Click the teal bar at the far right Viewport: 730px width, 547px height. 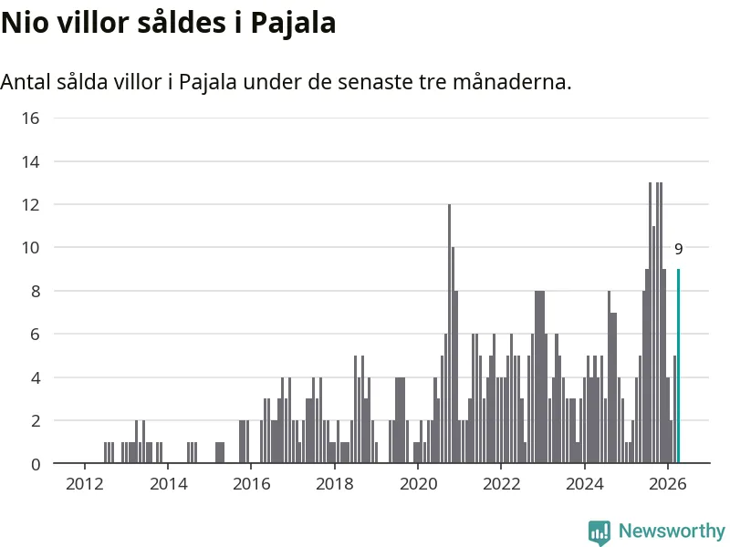[678, 366]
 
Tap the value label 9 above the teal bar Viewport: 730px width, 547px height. [678, 249]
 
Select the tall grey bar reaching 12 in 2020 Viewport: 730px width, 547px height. [449, 334]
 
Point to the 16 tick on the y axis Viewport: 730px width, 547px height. [30, 119]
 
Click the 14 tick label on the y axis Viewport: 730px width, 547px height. [30, 162]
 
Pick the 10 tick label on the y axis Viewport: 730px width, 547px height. [30, 247]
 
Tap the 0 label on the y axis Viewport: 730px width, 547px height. [36, 464]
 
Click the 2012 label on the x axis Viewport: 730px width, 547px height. [84, 484]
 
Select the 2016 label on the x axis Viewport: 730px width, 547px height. [252, 484]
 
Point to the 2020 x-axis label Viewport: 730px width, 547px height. [418, 484]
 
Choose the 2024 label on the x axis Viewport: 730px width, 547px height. [584, 484]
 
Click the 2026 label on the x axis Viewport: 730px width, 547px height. [668, 484]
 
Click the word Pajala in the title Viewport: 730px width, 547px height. [293, 24]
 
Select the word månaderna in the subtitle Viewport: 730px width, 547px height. [512, 82]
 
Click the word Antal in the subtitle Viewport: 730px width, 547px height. [26, 82]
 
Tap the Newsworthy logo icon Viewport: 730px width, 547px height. [600, 532]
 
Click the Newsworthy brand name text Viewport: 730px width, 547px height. [672, 531]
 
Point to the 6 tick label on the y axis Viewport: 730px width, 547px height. [36, 334]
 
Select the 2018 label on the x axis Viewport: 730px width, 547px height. [335, 484]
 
